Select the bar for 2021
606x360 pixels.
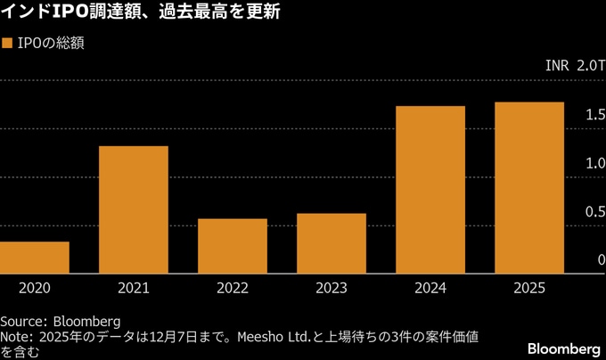[x=134, y=209]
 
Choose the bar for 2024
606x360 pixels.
[x=430, y=189]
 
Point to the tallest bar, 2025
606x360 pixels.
[x=529, y=187]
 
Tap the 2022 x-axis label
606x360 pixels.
[x=233, y=289]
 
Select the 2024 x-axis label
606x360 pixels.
[x=430, y=289]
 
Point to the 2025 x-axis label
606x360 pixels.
[x=529, y=289]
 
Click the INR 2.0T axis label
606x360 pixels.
[x=576, y=67]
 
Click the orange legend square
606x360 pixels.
[x=7, y=43]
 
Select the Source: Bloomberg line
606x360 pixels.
[x=60, y=321]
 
